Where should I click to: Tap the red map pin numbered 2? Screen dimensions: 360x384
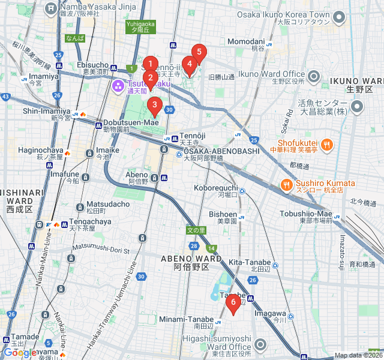[x=150, y=78]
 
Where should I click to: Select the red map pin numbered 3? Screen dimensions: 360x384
[x=155, y=106]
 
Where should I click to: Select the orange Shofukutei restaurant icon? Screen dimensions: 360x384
[x=327, y=143]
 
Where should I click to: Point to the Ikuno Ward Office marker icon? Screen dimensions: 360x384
[x=314, y=76]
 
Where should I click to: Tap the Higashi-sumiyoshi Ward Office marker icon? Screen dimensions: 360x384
[x=260, y=344]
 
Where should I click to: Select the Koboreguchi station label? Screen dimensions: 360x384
[x=215, y=188]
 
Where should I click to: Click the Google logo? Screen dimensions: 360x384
[x=20, y=353]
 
